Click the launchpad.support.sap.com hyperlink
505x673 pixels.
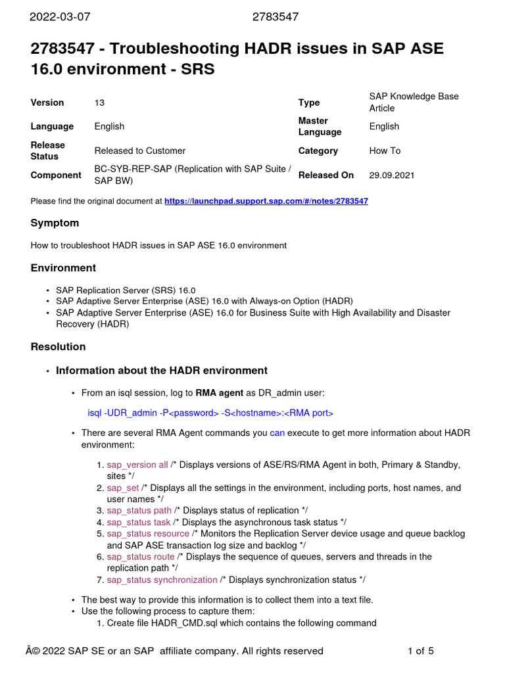[x=266, y=201]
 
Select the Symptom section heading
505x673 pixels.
[x=55, y=223]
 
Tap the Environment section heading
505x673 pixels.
[x=63, y=267]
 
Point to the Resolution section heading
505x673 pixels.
[x=58, y=346]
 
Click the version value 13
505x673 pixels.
[x=99, y=103]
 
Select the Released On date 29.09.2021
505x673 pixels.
[x=392, y=175]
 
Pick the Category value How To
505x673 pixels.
[x=385, y=151]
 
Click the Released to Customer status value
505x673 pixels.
[x=139, y=151]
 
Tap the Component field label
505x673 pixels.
[x=56, y=175]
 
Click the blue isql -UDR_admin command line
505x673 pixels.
[x=210, y=413]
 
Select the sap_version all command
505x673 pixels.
[x=137, y=465]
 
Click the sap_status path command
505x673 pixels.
[x=139, y=511]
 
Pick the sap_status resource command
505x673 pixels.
[x=148, y=534]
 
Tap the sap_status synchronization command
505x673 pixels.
[x=162, y=580]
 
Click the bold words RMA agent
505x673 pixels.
[x=219, y=393]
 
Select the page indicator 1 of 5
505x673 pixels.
[x=421, y=651]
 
